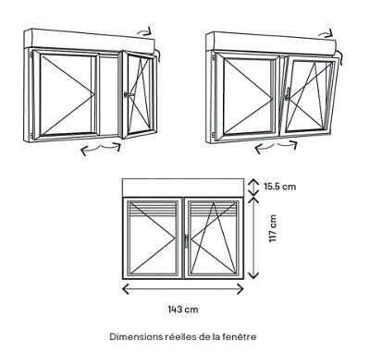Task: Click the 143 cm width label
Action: (x=183, y=309)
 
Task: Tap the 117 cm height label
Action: (x=273, y=228)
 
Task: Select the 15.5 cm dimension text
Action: (x=279, y=187)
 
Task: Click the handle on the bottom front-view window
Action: (x=186, y=241)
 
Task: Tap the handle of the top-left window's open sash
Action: (x=129, y=94)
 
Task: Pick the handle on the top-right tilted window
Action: (x=288, y=93)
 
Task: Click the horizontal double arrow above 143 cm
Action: (x=183, y=289)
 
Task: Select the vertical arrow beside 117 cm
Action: (x=253, y=238)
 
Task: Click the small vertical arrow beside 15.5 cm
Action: (x=253, y=187)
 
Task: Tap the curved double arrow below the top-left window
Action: (x=101, y=149)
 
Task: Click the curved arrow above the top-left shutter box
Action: (x=144, y=30)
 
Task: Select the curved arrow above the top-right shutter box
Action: (x=326, y=33)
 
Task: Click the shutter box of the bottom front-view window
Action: (x=183, y=188)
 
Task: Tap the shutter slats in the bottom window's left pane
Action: (x=154, y=210)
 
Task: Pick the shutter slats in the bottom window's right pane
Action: (x=213, y=210)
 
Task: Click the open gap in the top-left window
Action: (x=109, y=95)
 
